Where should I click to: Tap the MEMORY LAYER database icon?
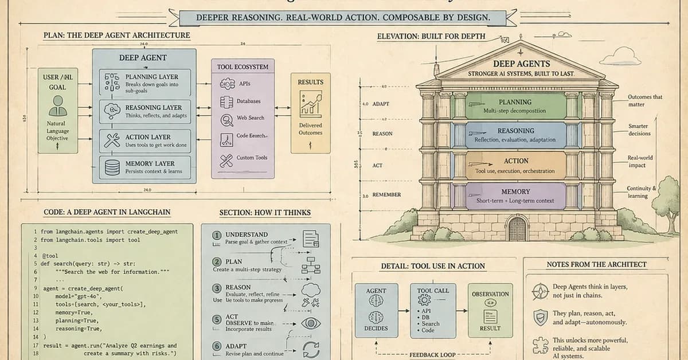click(112, 167)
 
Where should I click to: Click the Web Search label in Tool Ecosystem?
click(251, 118)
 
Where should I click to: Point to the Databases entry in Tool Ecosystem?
click(248, 101)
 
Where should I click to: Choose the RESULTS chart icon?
click(310, 104)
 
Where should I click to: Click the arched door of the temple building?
click(517, 229)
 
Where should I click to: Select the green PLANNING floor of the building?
click(515, 106)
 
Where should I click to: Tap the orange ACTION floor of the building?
click(515, 165)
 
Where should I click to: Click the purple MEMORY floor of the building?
click(515, 195)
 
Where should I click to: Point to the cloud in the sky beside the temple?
click(620, 56)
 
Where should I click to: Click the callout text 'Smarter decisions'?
click(639, 130)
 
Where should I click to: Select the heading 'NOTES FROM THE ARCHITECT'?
click(596, 265)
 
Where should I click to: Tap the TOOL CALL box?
click(433, 310)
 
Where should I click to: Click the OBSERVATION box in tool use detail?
click(490, 310)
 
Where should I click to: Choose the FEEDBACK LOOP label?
click(432, 355)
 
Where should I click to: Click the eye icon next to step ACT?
click(311, 323)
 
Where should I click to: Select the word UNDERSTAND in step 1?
click(247, 234)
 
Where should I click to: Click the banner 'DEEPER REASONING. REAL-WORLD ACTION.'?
click(343, 18)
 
